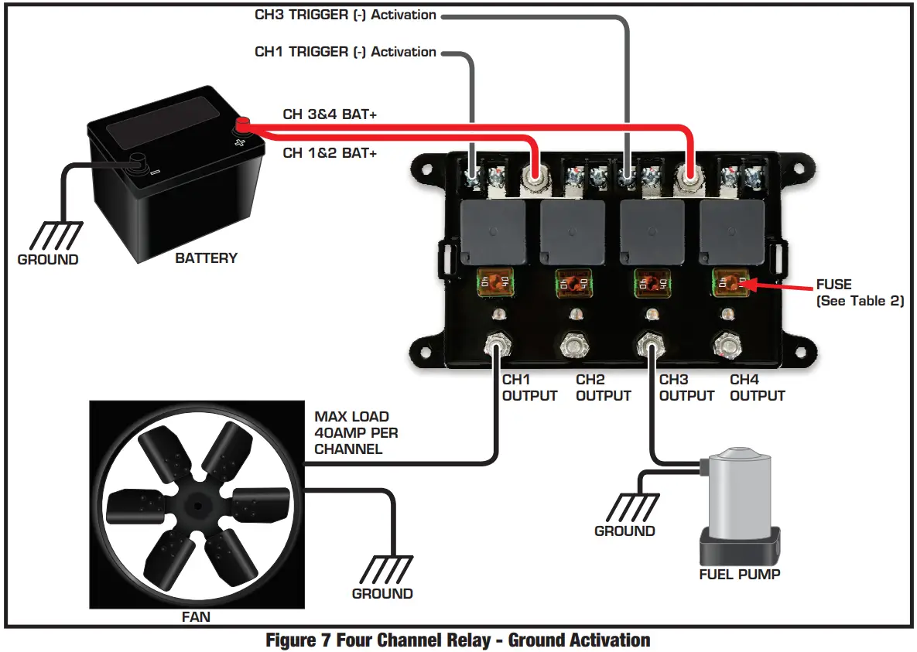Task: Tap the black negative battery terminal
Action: pos(140,162)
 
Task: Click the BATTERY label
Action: pos(206,258)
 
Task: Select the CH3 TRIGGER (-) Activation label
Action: pos(345,15)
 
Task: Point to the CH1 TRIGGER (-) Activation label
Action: pos(345,52)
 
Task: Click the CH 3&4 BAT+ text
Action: pos(330,114)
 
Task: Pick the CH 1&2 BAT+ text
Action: pos(330,153)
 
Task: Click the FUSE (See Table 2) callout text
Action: pos(860,293)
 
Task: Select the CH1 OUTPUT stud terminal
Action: pos(496,345)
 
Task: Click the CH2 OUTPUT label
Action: pos(604,387)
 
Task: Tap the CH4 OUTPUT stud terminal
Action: pos(727,345)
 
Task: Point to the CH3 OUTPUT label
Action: pos(686,387)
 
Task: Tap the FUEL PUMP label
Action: pos(740,574)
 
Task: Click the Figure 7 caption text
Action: pos(457,640)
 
